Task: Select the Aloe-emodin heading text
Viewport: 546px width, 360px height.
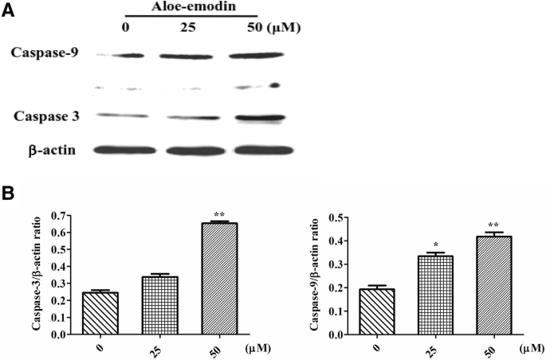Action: pyautogui.click(x=191, y=6)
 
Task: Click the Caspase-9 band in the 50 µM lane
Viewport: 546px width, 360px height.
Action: pyautogui.click(x=253, y=56)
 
